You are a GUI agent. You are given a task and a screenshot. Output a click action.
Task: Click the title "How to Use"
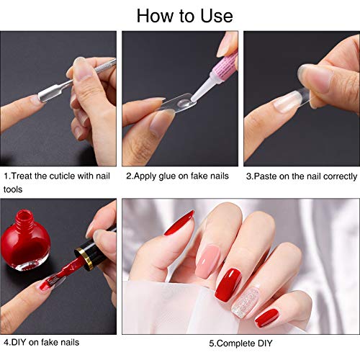point(184,16)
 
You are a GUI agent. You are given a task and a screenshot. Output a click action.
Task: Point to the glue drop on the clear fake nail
point(183,103)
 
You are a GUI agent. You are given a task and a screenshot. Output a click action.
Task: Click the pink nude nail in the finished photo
point(207,261)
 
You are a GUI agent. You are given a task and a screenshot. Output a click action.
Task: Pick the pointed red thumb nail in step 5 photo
point(179,222)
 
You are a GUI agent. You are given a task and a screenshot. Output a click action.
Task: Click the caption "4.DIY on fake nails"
point(41,342)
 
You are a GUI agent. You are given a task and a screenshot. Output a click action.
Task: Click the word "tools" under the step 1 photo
point(13,189)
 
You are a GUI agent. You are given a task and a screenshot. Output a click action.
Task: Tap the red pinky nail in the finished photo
point(267,318)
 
